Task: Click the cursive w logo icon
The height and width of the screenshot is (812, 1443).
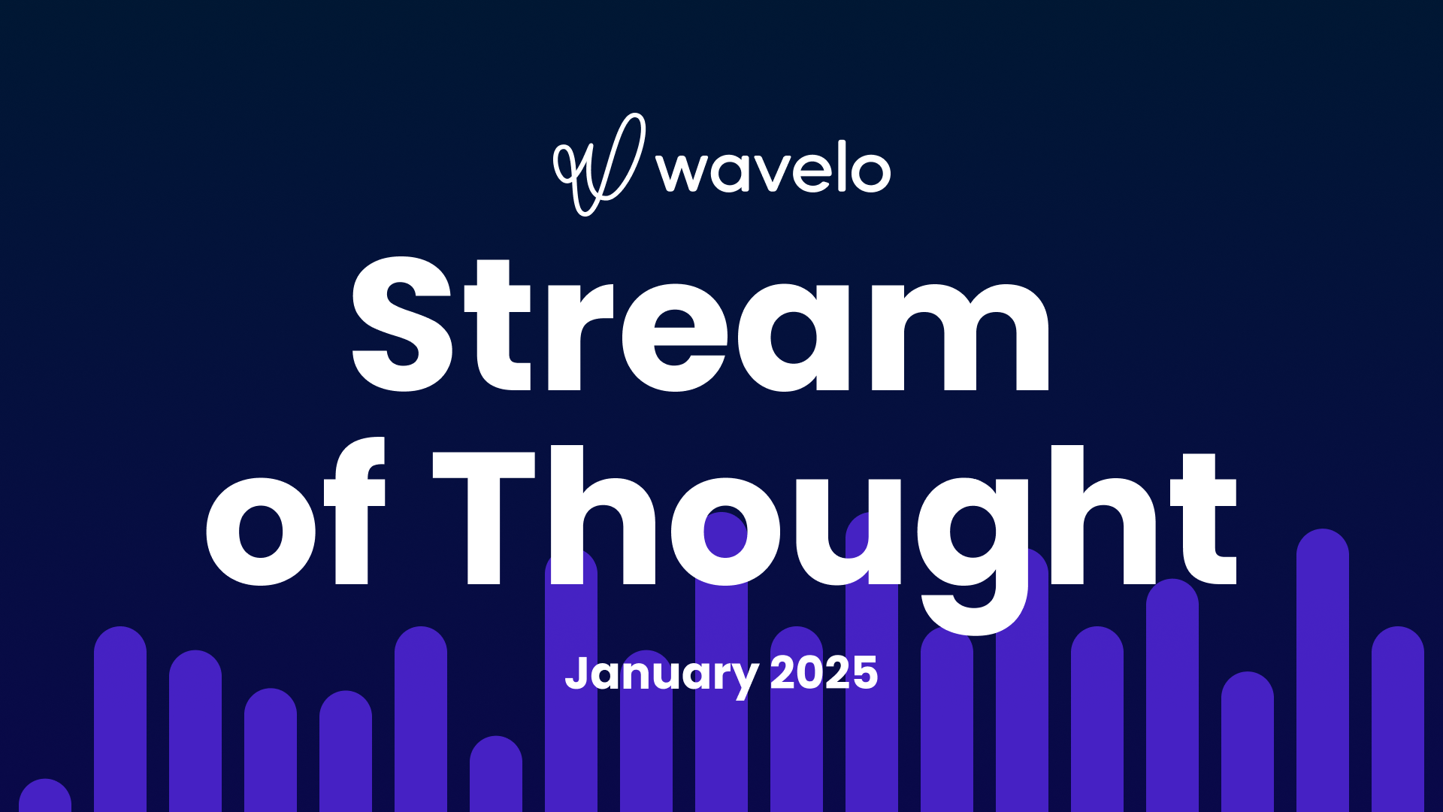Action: pos(599,164)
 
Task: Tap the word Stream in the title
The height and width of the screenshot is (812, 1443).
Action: pos(700,325)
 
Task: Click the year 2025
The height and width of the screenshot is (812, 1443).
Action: pos(824,673)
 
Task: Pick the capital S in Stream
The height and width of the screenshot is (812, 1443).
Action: pos(403,325)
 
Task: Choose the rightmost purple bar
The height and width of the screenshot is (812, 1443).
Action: pos(1397,718)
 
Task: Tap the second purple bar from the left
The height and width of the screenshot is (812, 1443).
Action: pos(120,718)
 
